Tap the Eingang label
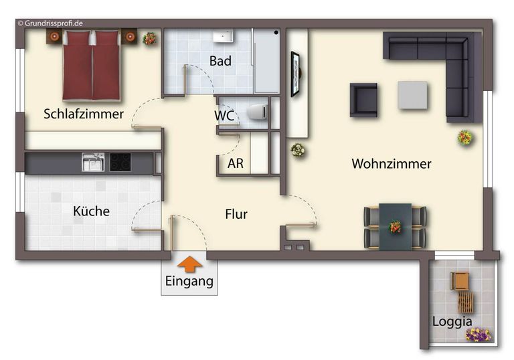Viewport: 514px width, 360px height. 189,281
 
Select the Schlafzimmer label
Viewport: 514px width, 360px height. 84,114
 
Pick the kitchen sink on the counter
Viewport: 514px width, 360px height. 92,162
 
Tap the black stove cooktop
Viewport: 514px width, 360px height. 120,162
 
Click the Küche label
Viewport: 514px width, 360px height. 91,211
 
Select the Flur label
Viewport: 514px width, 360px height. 236,215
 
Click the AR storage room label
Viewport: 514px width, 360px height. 236,163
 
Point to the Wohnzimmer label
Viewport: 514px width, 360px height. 392,164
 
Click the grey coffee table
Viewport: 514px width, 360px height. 413,95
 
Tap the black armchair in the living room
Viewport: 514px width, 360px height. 363,99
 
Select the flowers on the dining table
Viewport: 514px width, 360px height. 395,226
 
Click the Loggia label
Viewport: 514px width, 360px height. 452,321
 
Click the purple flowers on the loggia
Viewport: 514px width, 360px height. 478,334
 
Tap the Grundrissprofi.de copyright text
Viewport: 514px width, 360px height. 50,23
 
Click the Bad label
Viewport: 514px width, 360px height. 220,62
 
